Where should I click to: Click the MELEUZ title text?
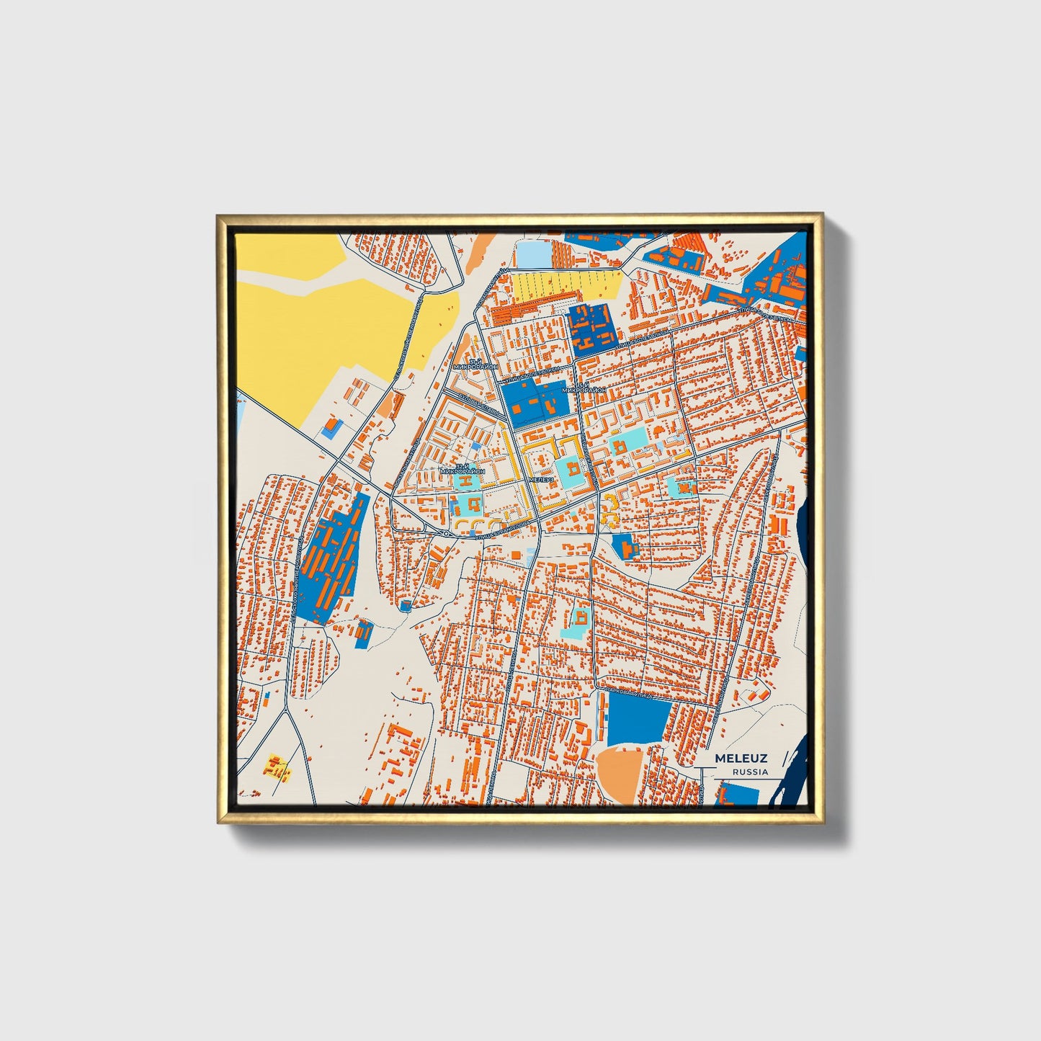point(741,759)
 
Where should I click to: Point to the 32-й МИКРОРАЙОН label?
point(463,468)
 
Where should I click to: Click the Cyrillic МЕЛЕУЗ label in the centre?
point(541,479)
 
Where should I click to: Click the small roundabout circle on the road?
point(447,534)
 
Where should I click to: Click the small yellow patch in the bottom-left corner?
point(278,767)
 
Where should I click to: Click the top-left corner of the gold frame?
point(218,215)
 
